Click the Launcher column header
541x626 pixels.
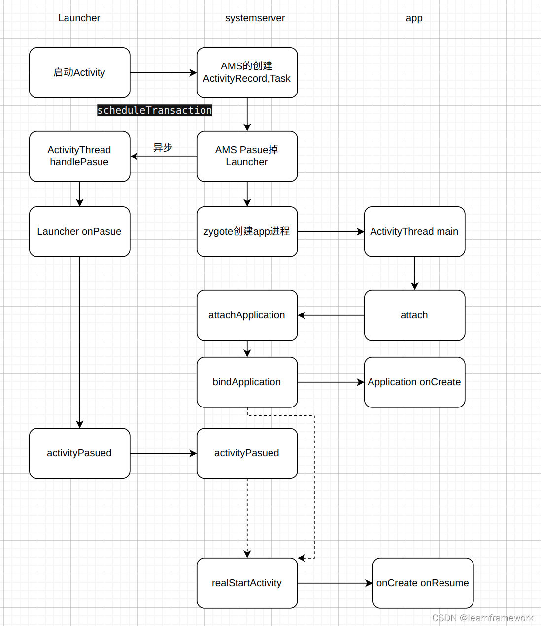[79, 18]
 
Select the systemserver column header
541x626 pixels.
[255, 18]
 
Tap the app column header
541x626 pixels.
[414, 18]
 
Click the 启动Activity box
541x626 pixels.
[79, 73]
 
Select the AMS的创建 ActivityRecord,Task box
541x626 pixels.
[247, 73]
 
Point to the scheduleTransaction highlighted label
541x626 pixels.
[154, 110]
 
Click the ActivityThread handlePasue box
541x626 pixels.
[79, 156]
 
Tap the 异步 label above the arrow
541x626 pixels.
[163, 147]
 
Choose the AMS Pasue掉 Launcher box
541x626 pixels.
[247, 156]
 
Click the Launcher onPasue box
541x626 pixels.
[79, 232]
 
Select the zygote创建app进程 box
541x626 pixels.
[247, 232]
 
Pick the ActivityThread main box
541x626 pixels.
[414, 232]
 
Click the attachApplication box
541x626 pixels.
[247, 315]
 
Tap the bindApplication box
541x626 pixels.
[247, 382]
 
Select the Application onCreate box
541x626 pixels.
[414, 382]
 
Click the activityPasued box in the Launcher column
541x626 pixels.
[79, 453]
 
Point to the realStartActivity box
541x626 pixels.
[247, 583]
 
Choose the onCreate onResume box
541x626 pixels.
[423, 583]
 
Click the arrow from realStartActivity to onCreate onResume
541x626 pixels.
[335, 583]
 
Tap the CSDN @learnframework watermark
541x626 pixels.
[482, 618]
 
